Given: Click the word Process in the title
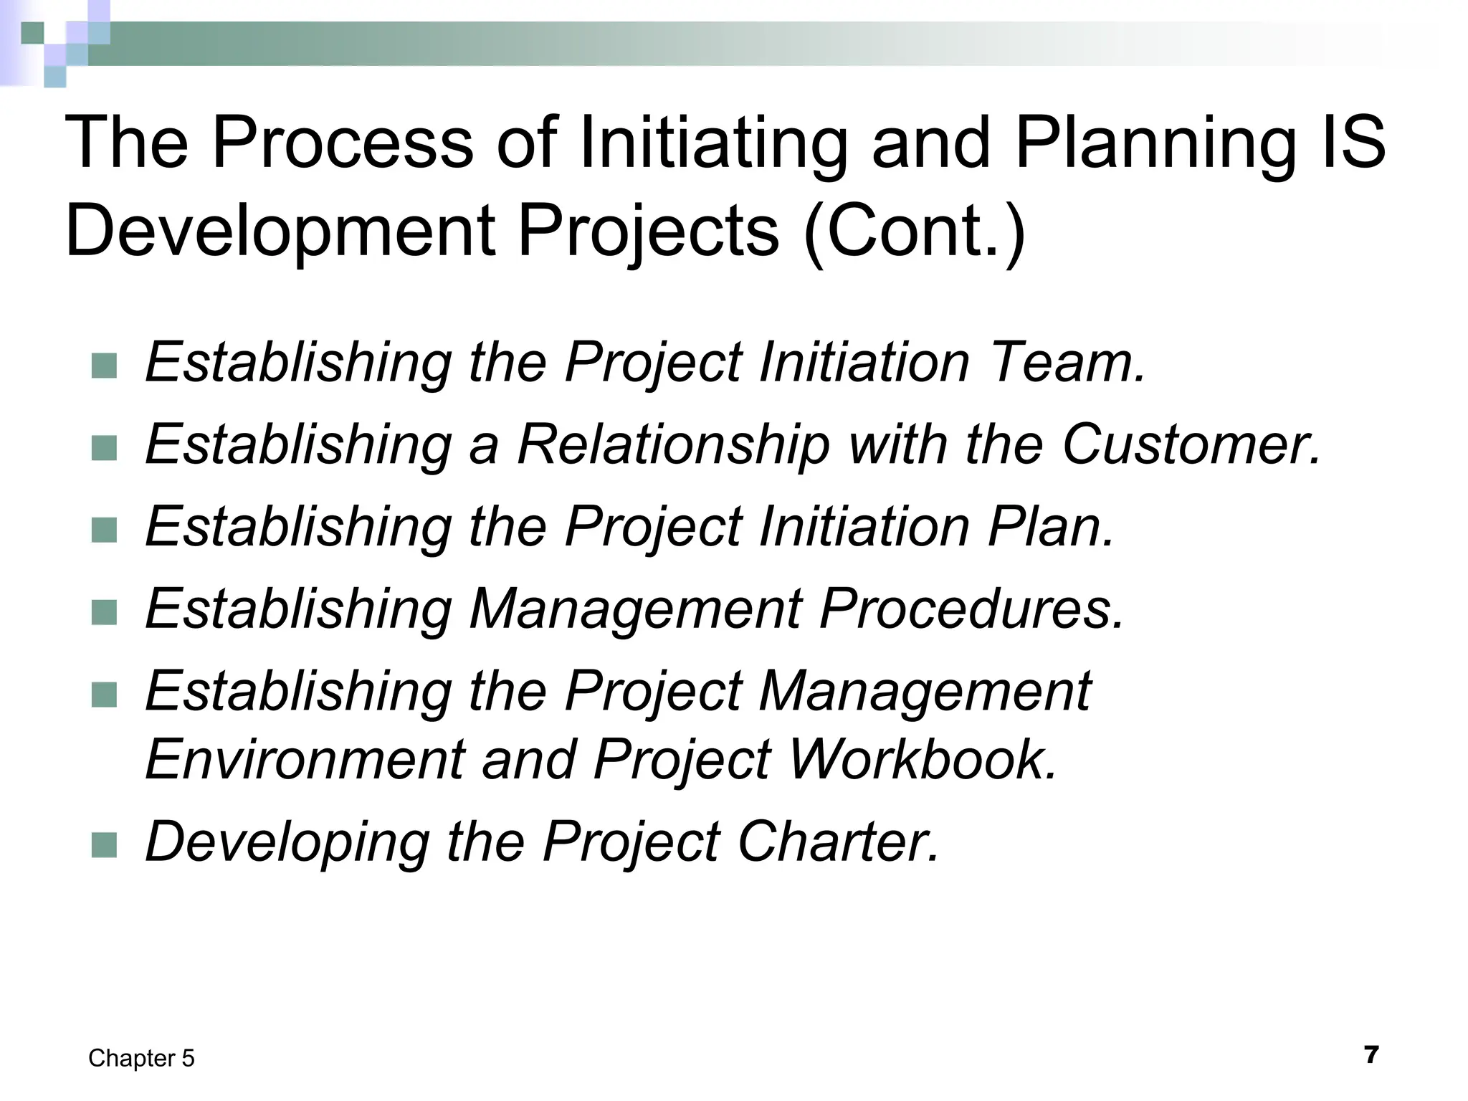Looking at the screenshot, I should (x=343, y=143).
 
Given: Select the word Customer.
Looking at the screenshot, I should (x=1191, y=444).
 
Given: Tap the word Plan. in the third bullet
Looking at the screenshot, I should (x=1051, y=527).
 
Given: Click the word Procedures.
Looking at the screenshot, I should (x=972, y=609).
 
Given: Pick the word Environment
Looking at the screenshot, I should (x=305, y=760).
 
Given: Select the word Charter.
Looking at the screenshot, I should (x=838, y=842).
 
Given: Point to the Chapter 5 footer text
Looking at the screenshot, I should (x=141, y=1059).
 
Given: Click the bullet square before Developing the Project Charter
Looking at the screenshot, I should (x=105, y=845).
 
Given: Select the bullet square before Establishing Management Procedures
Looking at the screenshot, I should (x=105, y=613).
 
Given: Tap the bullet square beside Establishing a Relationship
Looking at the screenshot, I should (x=105, y=449).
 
